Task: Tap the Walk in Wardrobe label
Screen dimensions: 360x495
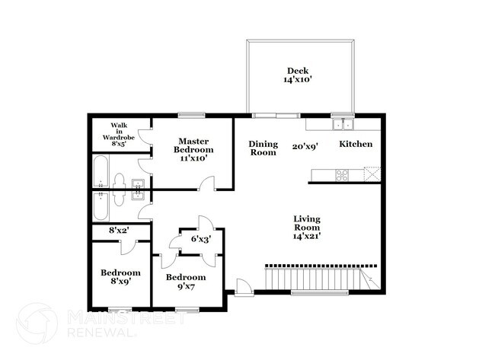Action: (x=120, y=134)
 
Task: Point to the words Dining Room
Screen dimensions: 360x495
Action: (x=263, y=148)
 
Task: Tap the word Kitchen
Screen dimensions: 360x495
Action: (x=356, y=144)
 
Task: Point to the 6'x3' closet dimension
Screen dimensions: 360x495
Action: (x=200, y=239)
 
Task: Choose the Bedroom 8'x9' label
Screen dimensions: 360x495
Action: (x=120, y=277)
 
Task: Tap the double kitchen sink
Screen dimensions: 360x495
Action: (x=343, y=124)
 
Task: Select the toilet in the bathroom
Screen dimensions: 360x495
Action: (x=118, y=180)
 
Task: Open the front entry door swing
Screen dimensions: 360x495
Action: (x=243, y=287)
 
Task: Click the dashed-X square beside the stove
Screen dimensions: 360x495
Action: (x=371, y=174)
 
